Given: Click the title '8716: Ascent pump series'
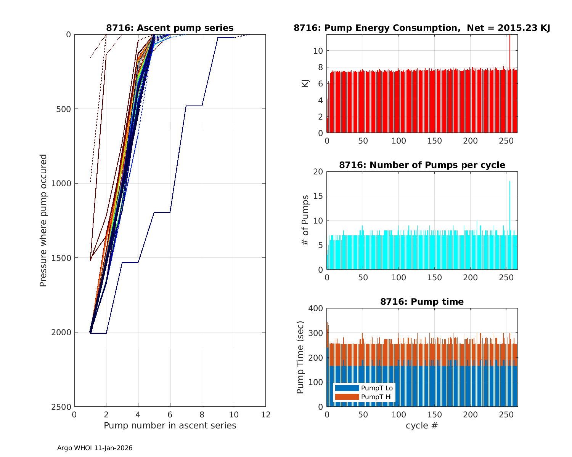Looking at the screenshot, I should [x=170, y=28].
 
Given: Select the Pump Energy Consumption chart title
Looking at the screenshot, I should [x=422, y=28].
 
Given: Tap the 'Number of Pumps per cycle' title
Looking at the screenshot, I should [x=422, y=165].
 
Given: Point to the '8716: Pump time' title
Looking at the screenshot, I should [x=422, y=302].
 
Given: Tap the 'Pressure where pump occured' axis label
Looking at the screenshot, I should [x=43, y=221].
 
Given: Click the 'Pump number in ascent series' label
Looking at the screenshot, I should [x=170, y=425].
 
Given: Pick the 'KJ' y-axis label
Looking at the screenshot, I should [x=305, y=83].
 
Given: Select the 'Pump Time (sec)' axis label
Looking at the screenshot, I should [x=300, y=358].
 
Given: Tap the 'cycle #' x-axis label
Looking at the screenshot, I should [x=422, y=425].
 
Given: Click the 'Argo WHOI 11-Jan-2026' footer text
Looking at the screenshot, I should [x=95, y=448].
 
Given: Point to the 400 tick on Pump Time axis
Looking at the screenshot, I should [x=317, y=308].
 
